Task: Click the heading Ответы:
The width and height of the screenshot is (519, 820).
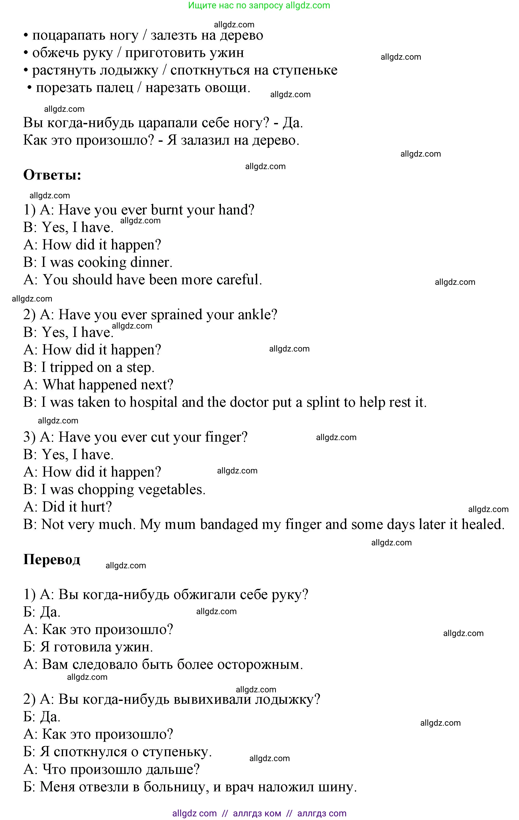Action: click(x=52, y=175)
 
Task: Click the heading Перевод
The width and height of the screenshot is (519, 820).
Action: click(x=52, y=559)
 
